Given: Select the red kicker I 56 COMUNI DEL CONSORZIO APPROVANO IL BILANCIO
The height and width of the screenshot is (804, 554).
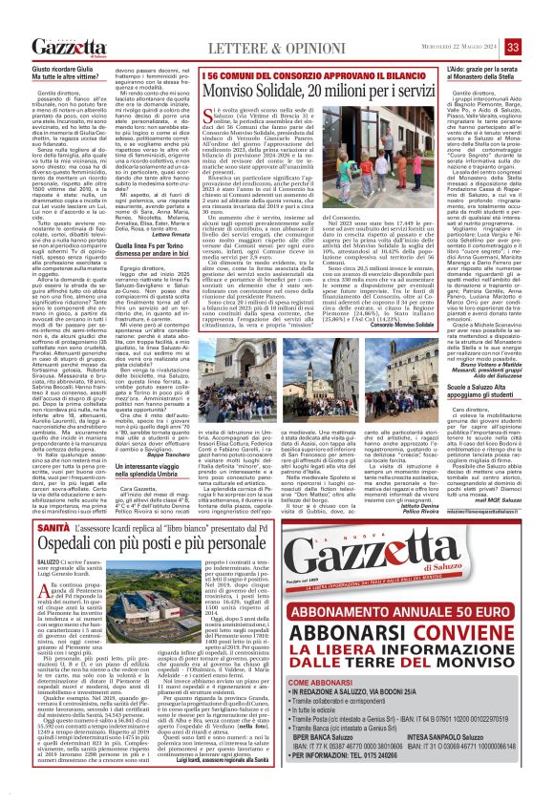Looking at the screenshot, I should pyautogui.click(x=283, y=74).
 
